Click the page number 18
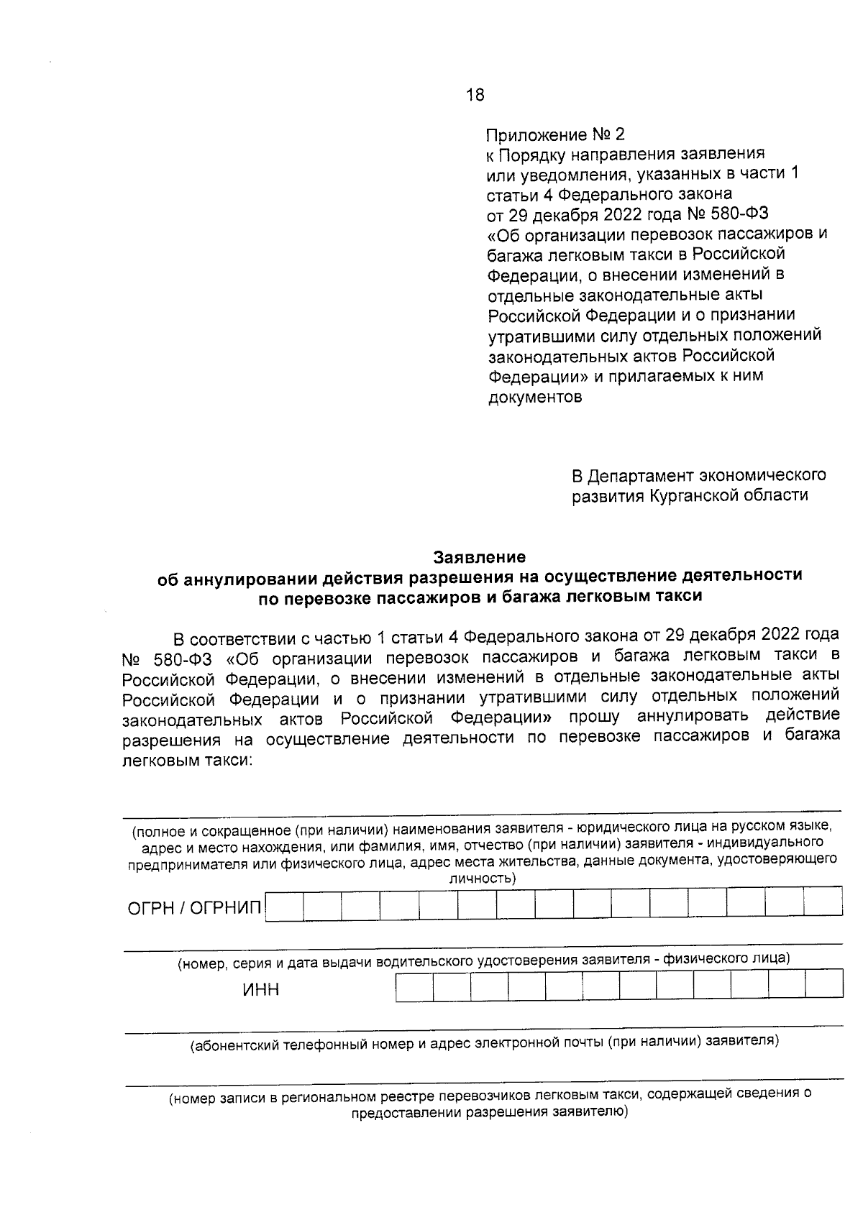[475, 95]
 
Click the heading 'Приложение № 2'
[556, 134]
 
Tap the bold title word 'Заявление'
[479, 557]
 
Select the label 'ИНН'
[260, 990]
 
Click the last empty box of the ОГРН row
[823, 902]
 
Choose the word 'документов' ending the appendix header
[535, 397]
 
